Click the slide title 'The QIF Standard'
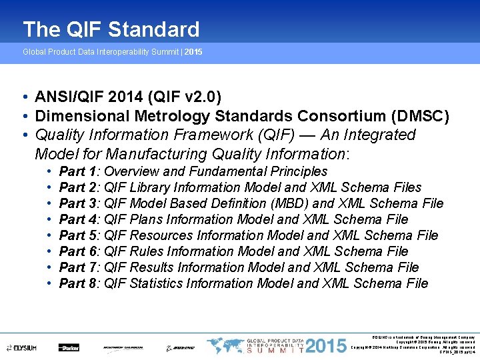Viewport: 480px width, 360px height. point(111,29)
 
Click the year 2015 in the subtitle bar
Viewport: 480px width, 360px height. point(193,51)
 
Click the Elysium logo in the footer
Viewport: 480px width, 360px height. point(21,347)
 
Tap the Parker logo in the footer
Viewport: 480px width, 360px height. point(68,347)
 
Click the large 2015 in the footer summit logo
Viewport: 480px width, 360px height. point(324,347)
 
